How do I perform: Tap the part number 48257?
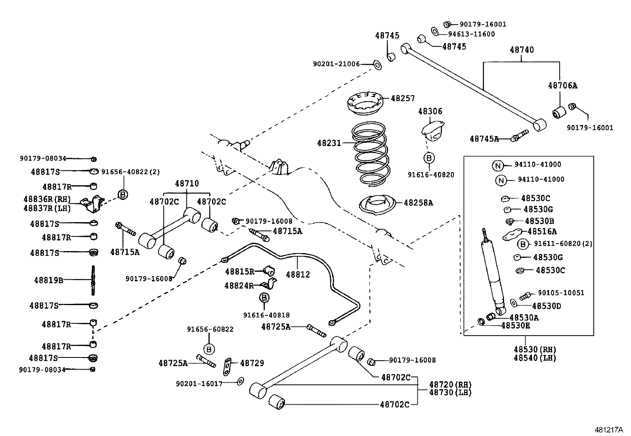coord(403,98)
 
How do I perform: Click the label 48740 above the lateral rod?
coord(522,50)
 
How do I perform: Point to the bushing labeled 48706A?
coord(559,112)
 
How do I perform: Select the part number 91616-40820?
coord(431,175)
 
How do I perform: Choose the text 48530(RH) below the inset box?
coord(535,350)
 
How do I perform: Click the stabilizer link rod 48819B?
coord(93,280)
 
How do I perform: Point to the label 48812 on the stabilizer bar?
coord(298,275)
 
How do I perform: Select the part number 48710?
coord(187,183)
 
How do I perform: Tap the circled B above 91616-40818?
coord(264,298)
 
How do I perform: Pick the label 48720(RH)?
coord(451,384)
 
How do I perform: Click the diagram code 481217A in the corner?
coord(608,430)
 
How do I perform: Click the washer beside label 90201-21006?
coord(377,64)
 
